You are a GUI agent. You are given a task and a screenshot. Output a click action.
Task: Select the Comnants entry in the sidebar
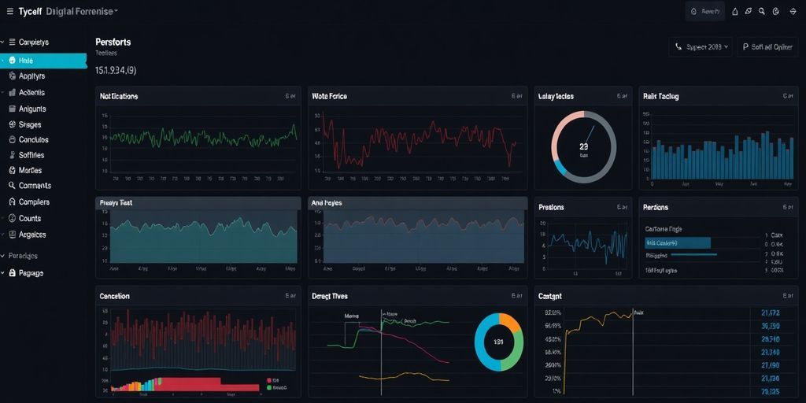pyautogui.click(x=34, y=186)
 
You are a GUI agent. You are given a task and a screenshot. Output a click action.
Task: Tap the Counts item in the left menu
pyautogui.click(x=30, y=218)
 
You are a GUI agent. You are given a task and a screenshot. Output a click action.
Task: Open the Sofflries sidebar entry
pyautogui.click(x=31, y=155)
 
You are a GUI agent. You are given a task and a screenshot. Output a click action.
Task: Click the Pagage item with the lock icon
pyautogui.click(x=31, y=273)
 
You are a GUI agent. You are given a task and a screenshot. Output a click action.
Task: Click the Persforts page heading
pyautogui.click(x=113, y=42)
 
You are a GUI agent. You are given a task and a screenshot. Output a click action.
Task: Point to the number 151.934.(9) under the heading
pyautogui.click(x=116, y=71)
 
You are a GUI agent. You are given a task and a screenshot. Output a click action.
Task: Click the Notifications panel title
pyautogui.click(x=119, y=96)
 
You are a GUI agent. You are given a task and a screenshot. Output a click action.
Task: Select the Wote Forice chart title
pyautogui.click(x=329, y=96)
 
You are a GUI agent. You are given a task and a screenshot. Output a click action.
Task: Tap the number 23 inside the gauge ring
pyautogui.click(x=583, y=146)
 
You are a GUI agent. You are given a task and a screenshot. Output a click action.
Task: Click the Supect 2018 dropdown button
pyautogui.click(x=701, y=47)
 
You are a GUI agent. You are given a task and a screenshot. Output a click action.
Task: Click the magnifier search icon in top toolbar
pyautogui.click(x=761, y=12)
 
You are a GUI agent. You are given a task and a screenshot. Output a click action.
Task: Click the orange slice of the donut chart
pyautogui.click(x=511, y=324)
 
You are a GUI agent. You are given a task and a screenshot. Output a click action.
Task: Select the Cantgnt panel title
pyautogui.click(x=549, y=297)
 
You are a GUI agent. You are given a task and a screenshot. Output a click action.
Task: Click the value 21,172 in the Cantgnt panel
pyautogui.click(x=770, y=312)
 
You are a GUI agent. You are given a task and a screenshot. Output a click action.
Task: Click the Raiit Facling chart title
pyautogui.click(x=660, y=96)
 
